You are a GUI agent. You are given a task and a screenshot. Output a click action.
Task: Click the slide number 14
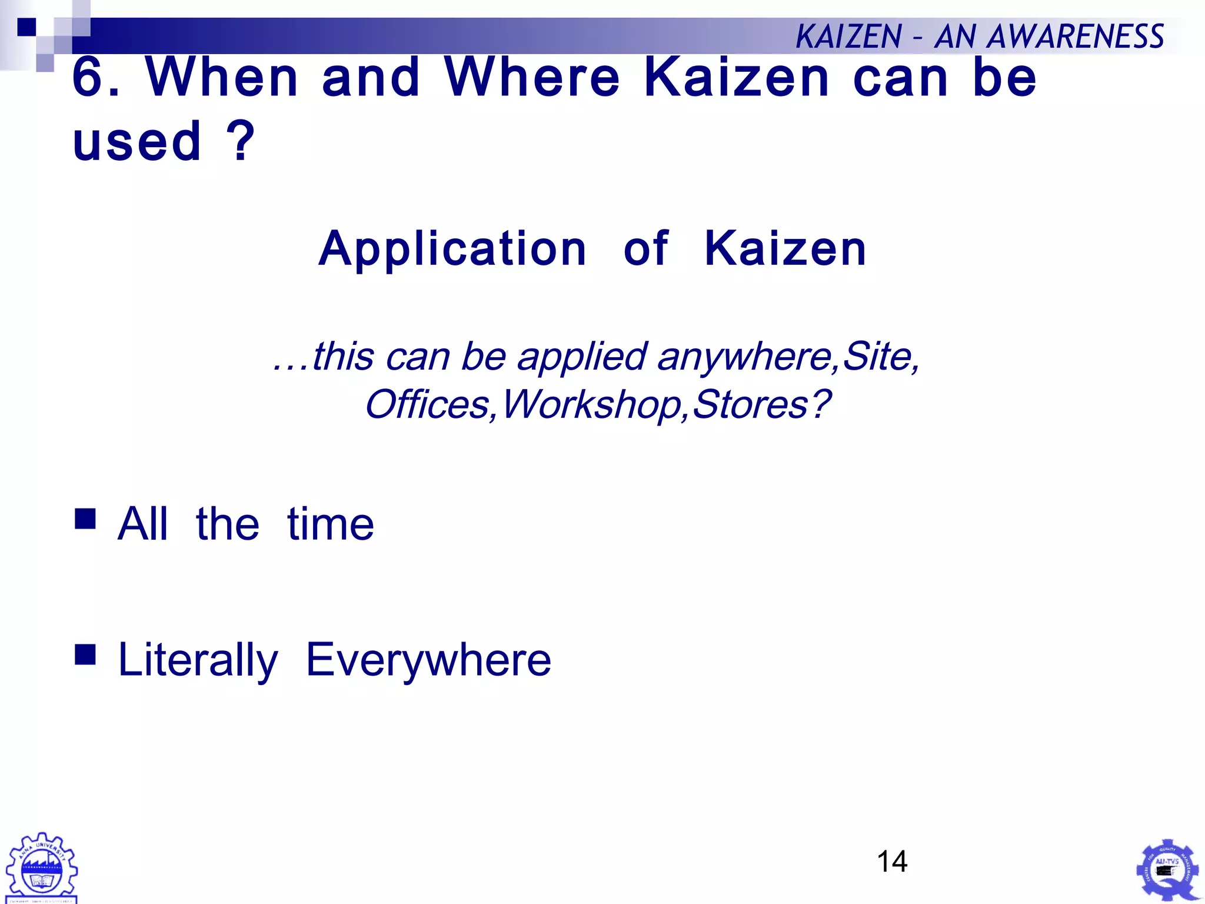(892, 861)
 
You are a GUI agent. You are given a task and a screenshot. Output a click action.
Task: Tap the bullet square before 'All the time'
(85, 519)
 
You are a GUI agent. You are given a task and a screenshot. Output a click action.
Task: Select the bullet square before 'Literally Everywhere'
(85, 654)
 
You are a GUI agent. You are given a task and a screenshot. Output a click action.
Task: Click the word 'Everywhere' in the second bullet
(428, 660)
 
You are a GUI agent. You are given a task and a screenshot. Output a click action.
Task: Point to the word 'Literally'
(198, 660)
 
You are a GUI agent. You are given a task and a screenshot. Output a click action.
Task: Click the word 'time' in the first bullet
(330, 524)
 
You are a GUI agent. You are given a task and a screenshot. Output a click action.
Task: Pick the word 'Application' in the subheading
(452, 248)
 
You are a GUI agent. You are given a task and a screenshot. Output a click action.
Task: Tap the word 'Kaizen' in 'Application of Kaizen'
(785, 248)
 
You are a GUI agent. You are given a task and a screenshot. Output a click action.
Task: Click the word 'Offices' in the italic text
(427, 404)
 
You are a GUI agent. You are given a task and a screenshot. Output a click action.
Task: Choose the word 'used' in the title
(137, 141)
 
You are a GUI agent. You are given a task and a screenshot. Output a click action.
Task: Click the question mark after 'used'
(241, 141)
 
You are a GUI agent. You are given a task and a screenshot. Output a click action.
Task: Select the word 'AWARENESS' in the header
(1076, 36)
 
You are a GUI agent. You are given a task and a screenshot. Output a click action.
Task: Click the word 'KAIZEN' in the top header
(848, 36)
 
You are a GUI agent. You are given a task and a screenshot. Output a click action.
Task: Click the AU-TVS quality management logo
(1167, 870)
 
